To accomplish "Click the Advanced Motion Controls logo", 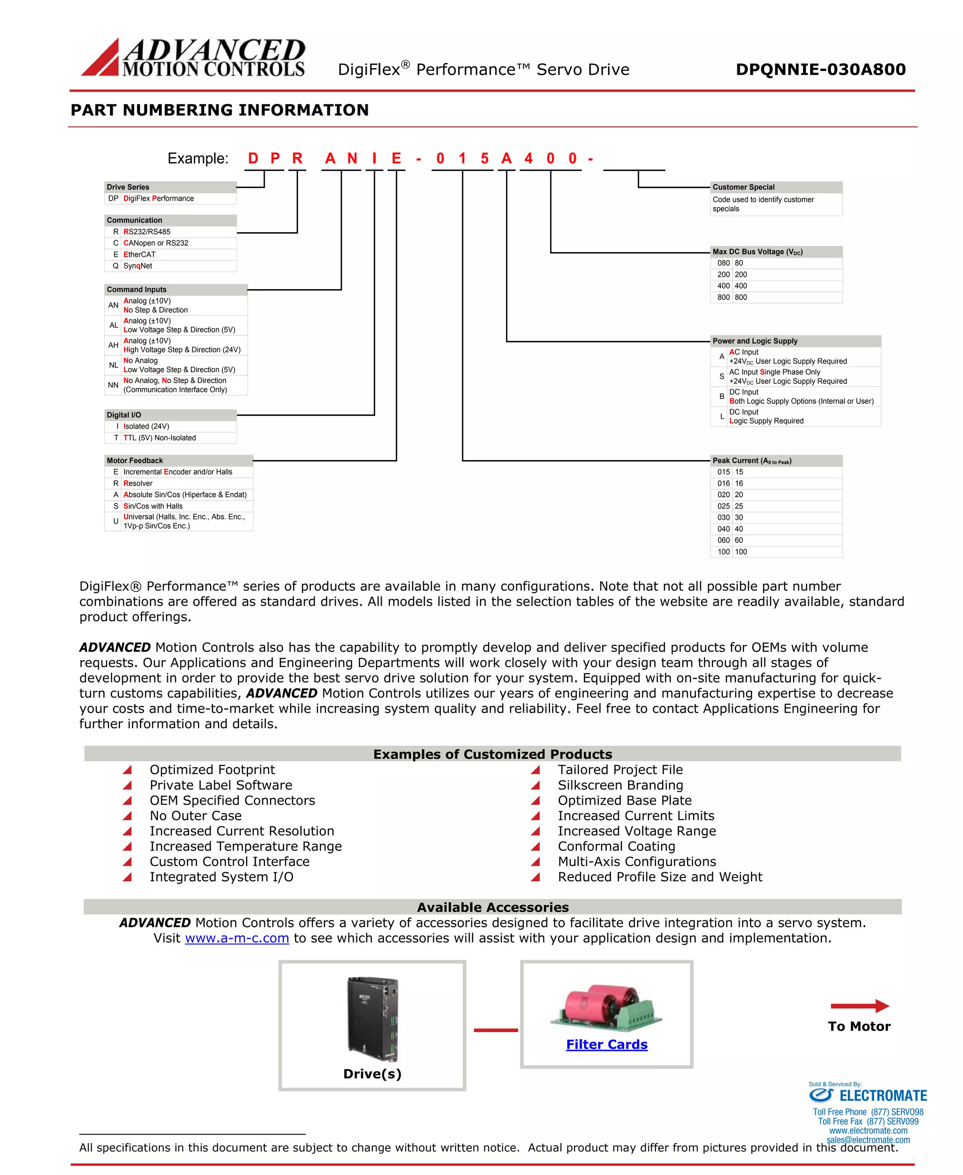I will coord(193,57).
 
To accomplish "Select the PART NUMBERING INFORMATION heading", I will coord(220,110).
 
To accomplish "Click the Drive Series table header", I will coord(170,187).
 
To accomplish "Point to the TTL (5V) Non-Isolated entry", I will coord(160,438).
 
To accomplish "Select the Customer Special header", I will coord(776,187).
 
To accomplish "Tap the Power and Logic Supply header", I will coord(795,341).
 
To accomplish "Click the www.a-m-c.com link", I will coord(237,938).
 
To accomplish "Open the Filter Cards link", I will coord(606,1044).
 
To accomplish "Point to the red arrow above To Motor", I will coord(859,1006).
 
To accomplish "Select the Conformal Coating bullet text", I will coord(616,846).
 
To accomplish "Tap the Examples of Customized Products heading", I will coord(493,754).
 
